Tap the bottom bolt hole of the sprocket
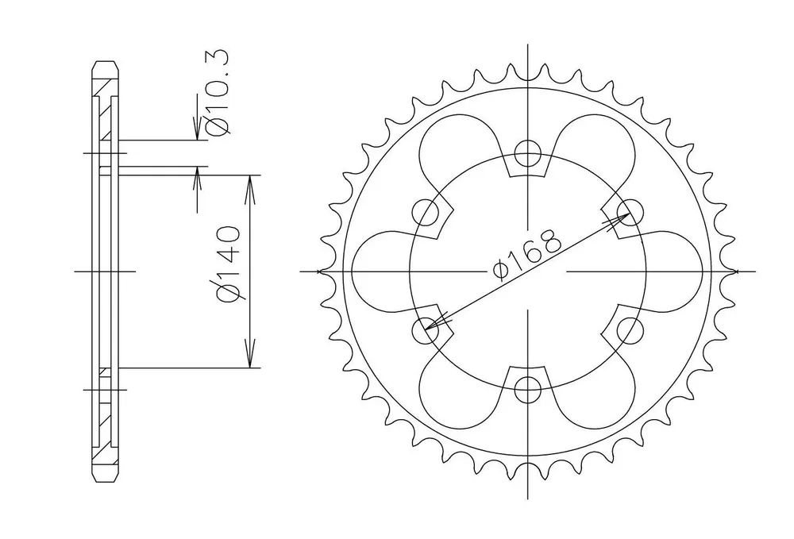pos(528,390)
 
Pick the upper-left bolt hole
pos(426,212)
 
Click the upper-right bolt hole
pos(630,212)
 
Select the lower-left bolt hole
pos(426,331)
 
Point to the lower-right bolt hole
pos(630,331)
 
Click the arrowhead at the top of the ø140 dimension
pos(249,190)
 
